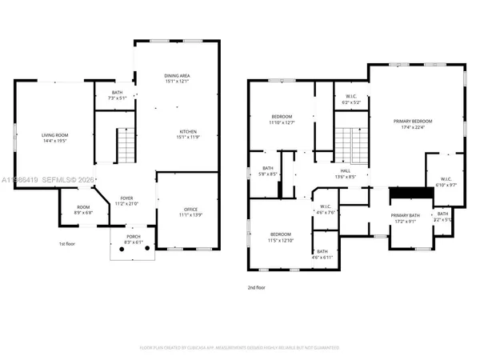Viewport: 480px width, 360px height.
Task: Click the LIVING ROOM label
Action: (x=53, y=135)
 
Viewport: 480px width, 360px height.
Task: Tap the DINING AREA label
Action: (x=177, y=75)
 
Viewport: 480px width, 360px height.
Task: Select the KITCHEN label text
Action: (x=188, y=132)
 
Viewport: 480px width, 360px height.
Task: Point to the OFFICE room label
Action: (x=185, y=210)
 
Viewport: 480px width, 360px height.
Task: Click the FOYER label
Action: (x=126, y=198)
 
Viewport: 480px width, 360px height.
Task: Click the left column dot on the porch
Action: (x=120, y=249)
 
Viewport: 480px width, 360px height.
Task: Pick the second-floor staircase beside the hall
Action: (x=346, y=145)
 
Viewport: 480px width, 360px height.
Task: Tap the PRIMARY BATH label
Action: (x=406, y=216)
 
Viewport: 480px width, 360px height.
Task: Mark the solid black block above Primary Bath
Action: (x=406, y=194)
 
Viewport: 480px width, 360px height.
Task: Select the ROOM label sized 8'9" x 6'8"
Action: (x=83, y=210)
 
